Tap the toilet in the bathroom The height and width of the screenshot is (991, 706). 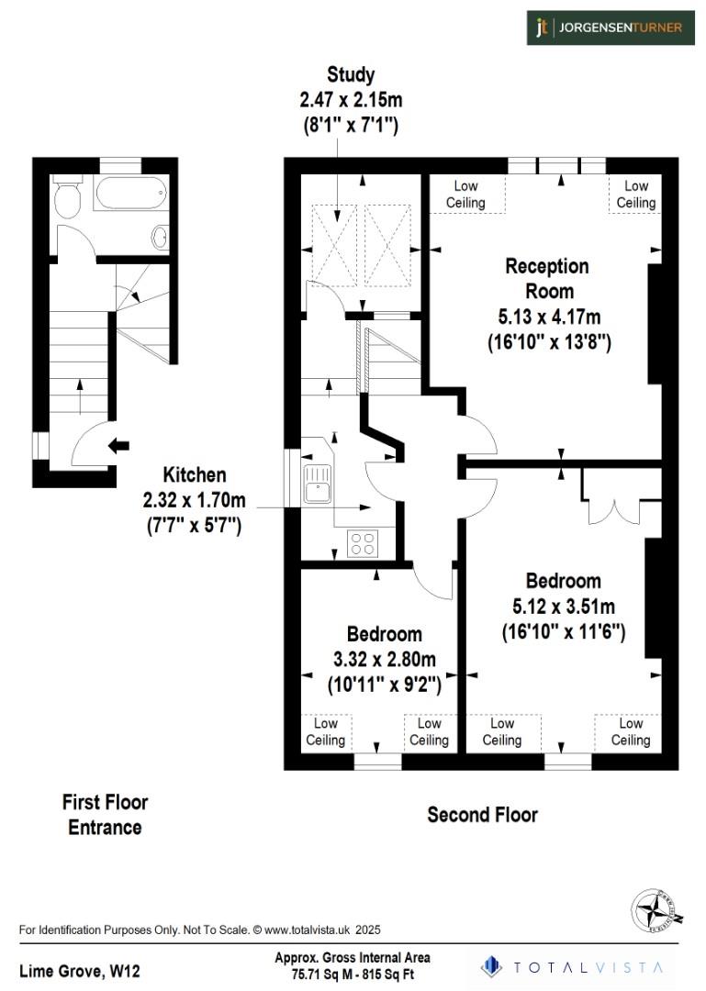[66, 195]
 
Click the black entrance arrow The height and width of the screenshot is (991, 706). [118, 446]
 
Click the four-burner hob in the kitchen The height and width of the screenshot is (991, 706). [363, 542]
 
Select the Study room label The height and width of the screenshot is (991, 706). [351, 75]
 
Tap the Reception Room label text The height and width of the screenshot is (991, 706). [547, 278]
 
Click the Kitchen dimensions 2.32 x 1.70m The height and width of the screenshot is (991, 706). [195, 501]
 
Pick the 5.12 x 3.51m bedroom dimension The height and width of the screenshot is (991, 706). [564, 607]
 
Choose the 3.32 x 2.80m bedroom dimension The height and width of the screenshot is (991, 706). [385, 659]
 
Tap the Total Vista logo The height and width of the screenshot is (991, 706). [575, 966]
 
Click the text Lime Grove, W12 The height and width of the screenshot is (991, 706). [80, 970]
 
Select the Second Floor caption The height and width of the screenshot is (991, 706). [482, 814]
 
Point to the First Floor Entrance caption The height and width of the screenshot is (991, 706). [105, 815]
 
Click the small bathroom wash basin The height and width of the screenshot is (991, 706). [159, 236]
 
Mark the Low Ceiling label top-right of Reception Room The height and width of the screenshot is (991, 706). [635, 195]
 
